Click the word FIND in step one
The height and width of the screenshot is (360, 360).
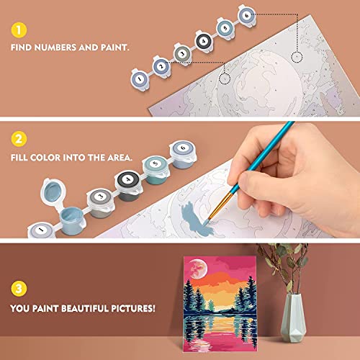click(24, 50)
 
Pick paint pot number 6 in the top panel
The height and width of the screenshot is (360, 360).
click(247, 14)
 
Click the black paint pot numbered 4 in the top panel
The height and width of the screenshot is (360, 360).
click(204, 41)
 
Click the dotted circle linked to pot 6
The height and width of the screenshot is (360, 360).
click(296, 55)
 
